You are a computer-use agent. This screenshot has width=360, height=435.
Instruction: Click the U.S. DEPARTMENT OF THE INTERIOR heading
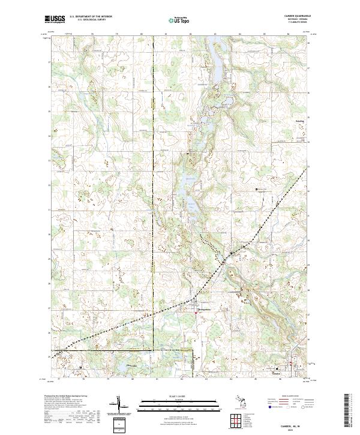pyautogui.click(x=95, y=16)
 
